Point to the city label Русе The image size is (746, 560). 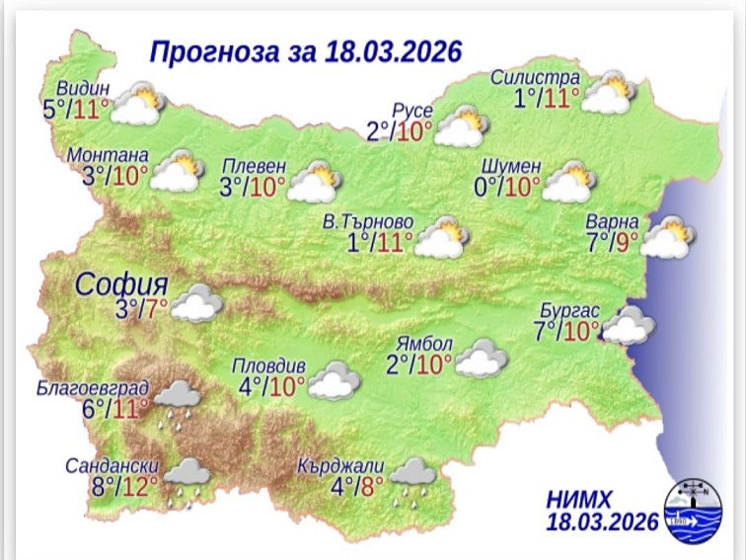412,110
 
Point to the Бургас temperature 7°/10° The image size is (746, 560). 565,330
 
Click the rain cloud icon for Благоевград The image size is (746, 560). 177,402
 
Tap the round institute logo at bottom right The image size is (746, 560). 687,507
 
